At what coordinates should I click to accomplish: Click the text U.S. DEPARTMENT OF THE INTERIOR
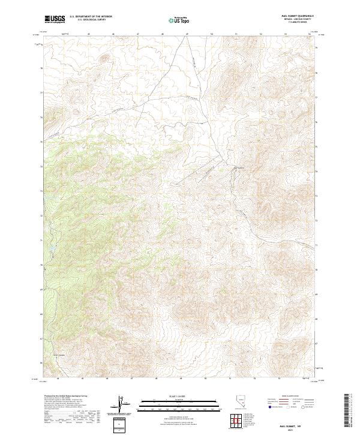click(x=91, y=17)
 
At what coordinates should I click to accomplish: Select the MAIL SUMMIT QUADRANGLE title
click(x=298, y=16)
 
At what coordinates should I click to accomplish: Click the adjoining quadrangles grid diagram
click(x=239, y=421)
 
